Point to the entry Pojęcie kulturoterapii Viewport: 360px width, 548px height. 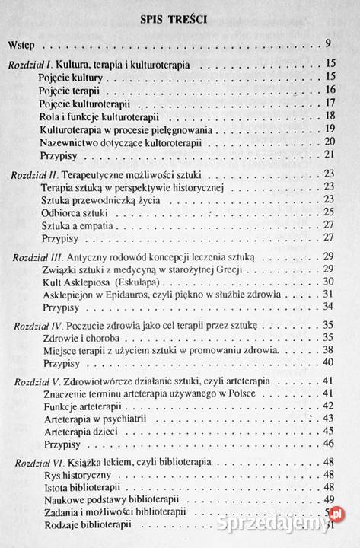tap(78, 103)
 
